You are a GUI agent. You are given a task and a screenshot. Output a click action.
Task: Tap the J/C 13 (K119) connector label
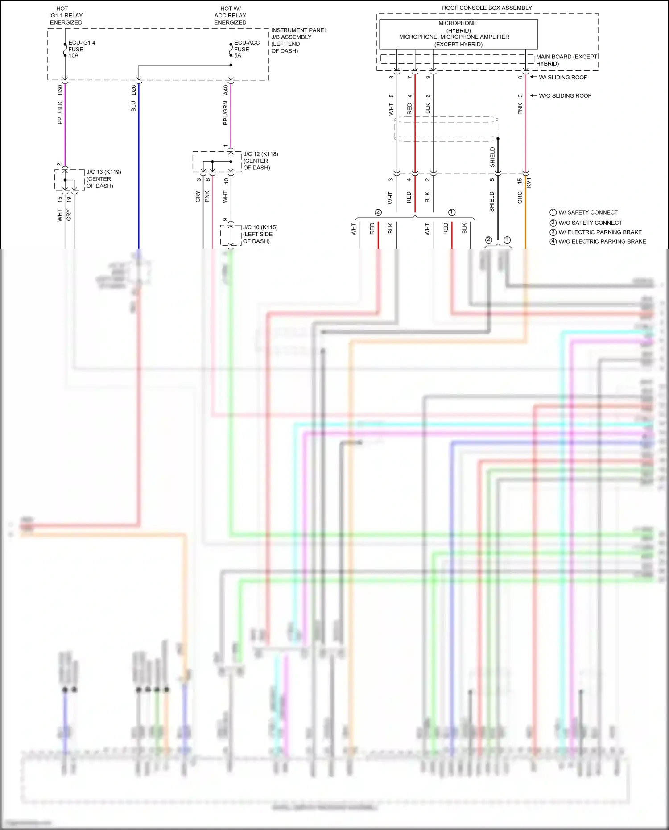pos(103,179)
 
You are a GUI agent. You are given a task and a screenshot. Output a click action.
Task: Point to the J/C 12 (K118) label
pos(260,161)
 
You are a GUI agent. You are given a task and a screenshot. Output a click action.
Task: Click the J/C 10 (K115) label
pos(260,234)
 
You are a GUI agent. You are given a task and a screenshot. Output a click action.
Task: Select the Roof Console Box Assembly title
pos(487,8)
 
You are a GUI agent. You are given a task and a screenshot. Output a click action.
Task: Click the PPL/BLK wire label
pos(60,112)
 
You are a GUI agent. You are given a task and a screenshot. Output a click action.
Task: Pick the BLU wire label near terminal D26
pos(133,106)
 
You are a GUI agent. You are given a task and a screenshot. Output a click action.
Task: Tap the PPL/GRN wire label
pos(226,113)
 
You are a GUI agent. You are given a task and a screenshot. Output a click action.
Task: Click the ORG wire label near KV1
pos(520,198)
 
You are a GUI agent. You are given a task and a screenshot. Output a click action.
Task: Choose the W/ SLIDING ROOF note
pos(562,78)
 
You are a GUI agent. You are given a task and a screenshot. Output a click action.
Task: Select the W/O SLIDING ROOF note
pos(565,96)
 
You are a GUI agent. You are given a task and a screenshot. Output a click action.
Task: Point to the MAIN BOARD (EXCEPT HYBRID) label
pos(566,60)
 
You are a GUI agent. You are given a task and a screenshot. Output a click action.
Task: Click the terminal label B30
pos(60,90)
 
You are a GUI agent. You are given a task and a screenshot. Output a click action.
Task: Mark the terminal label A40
pos(226,90)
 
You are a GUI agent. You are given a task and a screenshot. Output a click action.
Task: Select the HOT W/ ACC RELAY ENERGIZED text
pos(230,15)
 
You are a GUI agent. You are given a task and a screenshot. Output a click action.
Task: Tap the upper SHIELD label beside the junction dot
pos(492,157)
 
